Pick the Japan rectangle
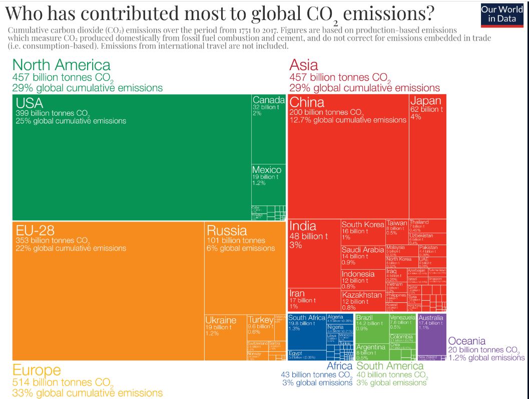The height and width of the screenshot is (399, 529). [428, 155]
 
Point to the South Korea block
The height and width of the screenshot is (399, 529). [363, 232]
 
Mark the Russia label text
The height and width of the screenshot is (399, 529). [227, 231]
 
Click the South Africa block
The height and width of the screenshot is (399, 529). [307, 331]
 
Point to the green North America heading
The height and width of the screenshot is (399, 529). [61, 65]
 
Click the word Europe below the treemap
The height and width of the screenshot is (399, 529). [37, 370]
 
